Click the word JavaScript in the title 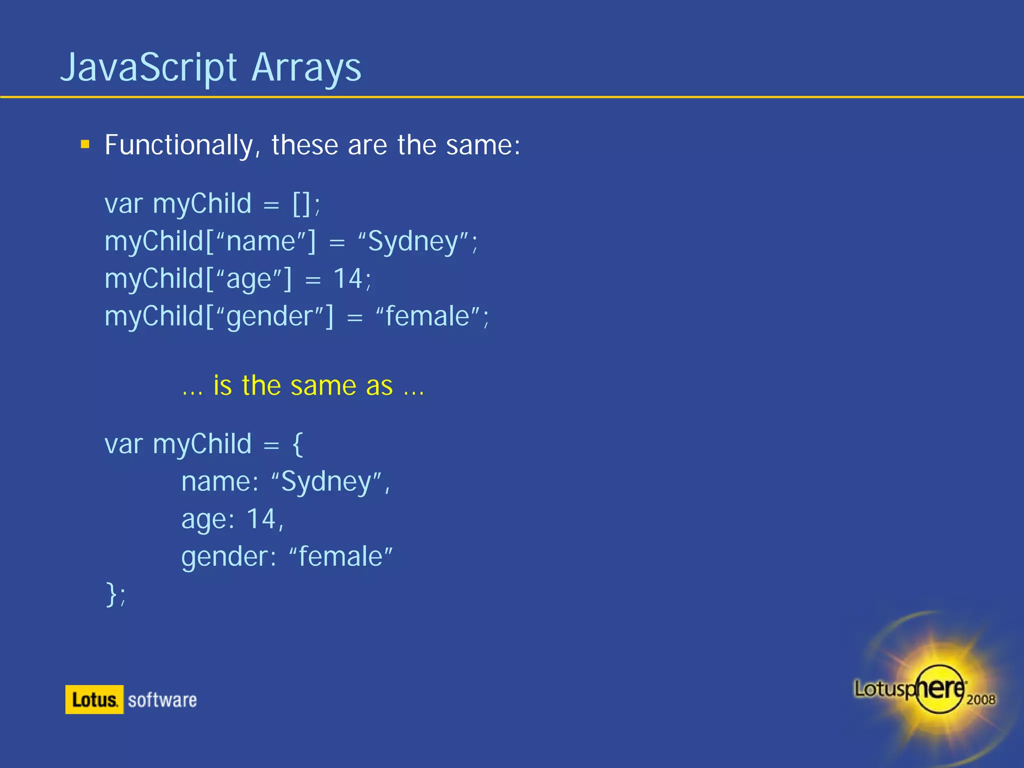148,68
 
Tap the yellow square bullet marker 85,145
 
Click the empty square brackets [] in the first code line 302,204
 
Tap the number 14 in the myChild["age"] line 347,279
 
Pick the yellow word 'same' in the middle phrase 323,386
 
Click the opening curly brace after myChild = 297,444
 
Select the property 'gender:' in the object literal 228,557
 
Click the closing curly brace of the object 111,594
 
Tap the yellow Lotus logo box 94,699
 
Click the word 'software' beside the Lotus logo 162,700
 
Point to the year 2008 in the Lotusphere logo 980,699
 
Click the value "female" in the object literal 341,557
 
